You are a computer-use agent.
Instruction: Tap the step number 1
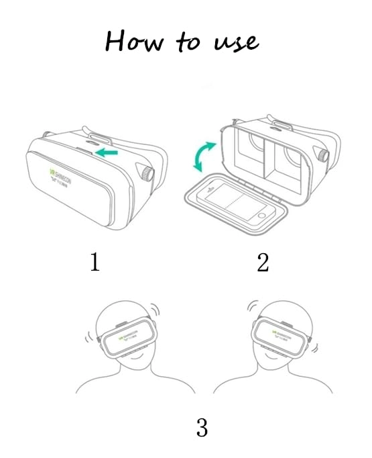[x=95, y=262]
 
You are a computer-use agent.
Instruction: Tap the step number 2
[x=263, y=262]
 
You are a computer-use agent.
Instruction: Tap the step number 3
[x=201, y=427]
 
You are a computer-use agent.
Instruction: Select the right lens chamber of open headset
[x=291, y=158]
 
